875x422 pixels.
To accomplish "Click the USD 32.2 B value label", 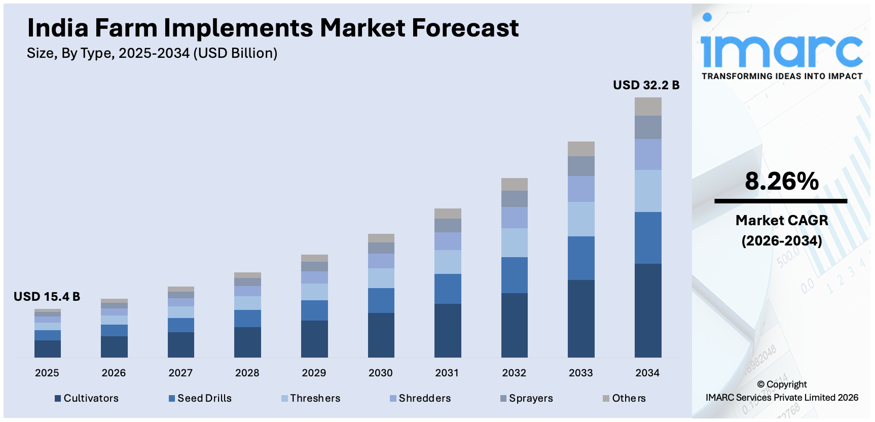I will point(646,85).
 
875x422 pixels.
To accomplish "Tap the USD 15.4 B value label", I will point(47,297).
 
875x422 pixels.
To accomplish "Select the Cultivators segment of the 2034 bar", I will point(648,310).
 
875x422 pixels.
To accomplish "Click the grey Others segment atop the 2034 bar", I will point(648,107).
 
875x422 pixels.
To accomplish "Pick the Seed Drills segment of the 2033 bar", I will point(581,258).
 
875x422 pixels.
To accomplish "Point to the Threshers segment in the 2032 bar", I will point(514,242).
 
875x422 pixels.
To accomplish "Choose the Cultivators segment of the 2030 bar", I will point(381,335).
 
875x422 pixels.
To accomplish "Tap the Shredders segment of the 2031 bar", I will point(448,241).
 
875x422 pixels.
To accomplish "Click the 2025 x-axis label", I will point(47,373).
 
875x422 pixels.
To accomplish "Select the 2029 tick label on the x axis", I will point(314,373).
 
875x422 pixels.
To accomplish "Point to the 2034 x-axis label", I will point(647,373).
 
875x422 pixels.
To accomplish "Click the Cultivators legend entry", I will point(87,398).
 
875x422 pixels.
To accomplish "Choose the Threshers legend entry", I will point(311,398).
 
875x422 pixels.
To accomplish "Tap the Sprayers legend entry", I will point(527,398).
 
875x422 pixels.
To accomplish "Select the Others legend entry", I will point(625,398).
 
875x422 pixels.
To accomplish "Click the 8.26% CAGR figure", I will point(782,181).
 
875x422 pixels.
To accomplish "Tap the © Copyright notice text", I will point(782,384).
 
